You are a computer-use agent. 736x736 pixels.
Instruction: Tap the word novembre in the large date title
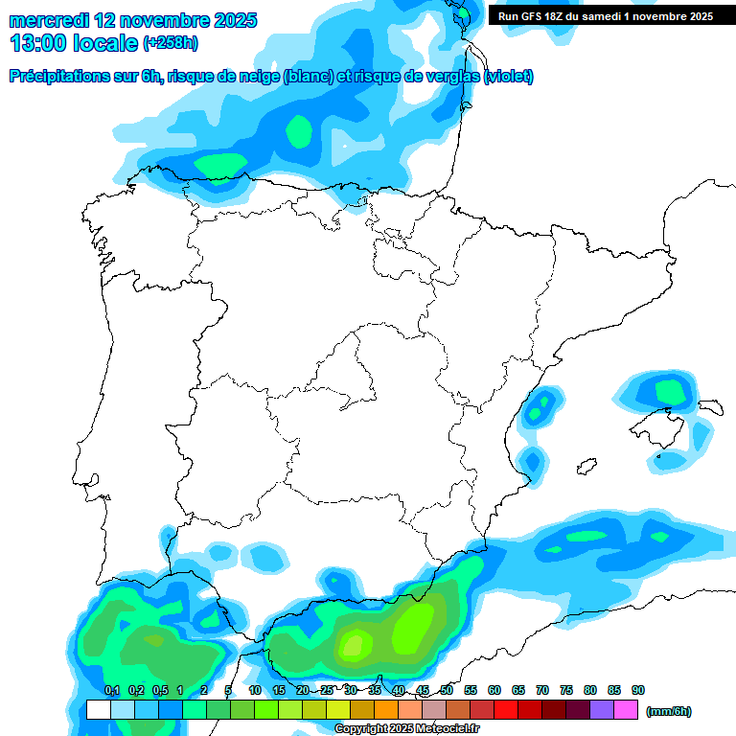[x=167, y=20]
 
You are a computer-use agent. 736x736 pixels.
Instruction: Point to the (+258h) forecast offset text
[x=171, y=44]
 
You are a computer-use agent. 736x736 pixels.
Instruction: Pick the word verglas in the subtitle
[x=450, y=77]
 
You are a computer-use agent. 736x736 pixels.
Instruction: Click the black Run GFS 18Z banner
[x=605, y=15]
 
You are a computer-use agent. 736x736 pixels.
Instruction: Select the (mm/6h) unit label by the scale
[x=668, y=711]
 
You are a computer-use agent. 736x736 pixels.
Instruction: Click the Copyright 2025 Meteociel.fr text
[x=406, y=729]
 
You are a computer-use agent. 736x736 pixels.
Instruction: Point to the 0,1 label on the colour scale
[x=111, y=690]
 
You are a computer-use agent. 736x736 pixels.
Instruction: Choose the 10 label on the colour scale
[x=255, y=690]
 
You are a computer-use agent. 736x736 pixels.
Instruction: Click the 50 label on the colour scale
[x=447, y=690]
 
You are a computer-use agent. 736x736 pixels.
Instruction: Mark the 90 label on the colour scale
[x=638, y=690]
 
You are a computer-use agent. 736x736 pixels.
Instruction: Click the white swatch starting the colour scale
[x=98, y=709]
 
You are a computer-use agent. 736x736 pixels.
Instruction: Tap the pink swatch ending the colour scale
[x=626, y=709]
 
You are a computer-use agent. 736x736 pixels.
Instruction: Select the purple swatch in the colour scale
[x=602, y=709]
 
